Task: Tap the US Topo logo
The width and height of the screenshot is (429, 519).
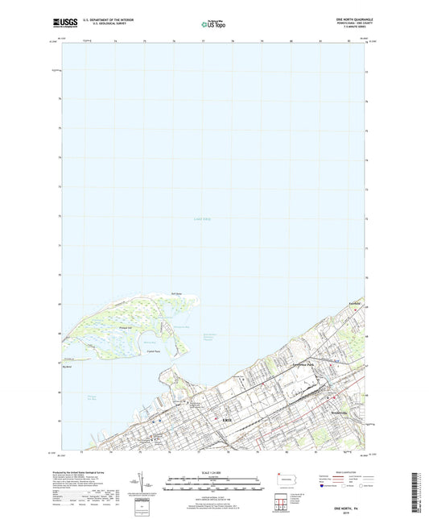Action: (x=208, y=25)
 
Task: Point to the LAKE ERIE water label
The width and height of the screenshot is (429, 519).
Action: (x=204, y=219)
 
